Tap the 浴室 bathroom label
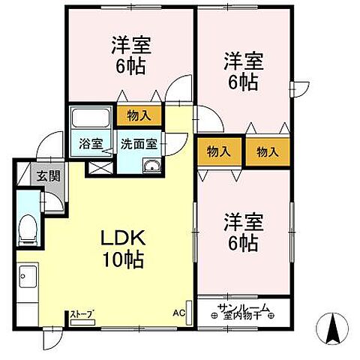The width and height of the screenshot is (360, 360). point(91,144)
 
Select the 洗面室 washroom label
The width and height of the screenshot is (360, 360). point(138,144)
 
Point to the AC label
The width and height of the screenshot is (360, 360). point(179,312)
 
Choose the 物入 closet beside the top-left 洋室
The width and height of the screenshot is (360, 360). point(139,115)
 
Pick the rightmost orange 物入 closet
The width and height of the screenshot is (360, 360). point(267,152)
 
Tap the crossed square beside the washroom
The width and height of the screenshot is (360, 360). point(97,166)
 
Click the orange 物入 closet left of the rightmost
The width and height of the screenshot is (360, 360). point(218,152)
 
